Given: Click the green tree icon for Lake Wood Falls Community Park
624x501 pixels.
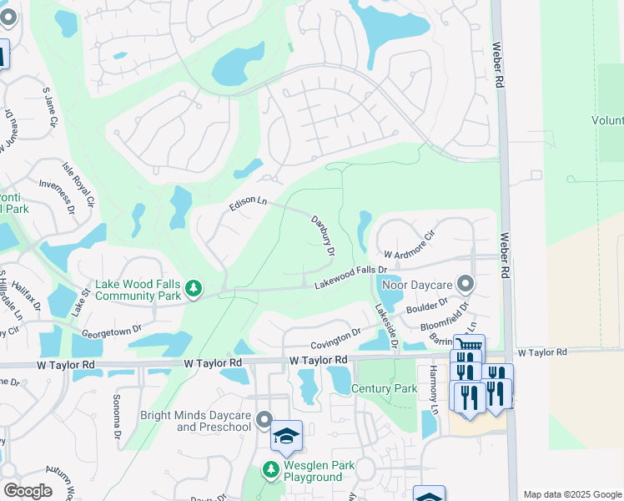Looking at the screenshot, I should click(x=194, y=289).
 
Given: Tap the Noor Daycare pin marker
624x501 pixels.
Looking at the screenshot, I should click(x=465, y=285).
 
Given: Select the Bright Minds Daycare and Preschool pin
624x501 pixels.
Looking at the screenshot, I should click(x=264, y=419).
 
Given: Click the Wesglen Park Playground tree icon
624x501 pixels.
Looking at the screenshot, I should click(x=271, y=470).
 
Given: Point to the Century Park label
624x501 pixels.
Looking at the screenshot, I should click(x=384, y=389).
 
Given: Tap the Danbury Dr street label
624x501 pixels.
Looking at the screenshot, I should click(x=323, y=235).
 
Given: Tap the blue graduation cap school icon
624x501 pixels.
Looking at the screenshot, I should click(x=286, y=436).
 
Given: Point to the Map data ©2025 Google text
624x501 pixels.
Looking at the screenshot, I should click(x=571, y=494).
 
